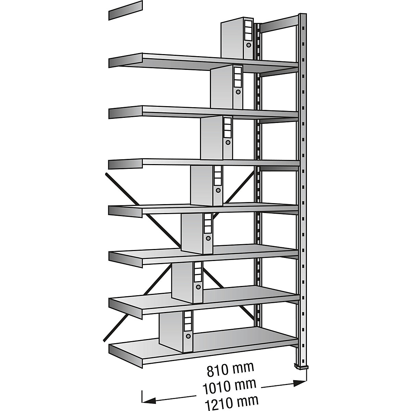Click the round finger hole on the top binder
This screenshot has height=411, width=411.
tap(249, 45)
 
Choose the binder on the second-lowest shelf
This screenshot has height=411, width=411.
tap(187, 283)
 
